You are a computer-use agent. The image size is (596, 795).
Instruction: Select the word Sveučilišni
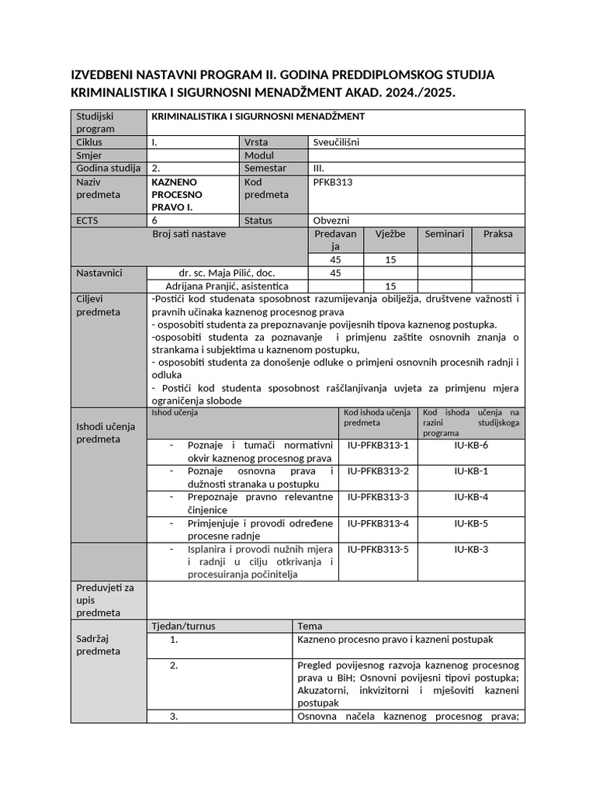(336, 142)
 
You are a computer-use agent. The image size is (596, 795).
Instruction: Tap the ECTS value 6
(155, 220)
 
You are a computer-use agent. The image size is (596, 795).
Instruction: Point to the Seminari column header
(444, 234)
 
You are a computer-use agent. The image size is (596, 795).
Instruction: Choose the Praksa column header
(497, 234)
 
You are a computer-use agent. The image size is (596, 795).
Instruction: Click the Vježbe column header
(390, 234)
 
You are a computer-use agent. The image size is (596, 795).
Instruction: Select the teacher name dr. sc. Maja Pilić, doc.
(227, 273)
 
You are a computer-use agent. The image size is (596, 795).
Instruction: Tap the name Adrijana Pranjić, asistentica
(227, 286)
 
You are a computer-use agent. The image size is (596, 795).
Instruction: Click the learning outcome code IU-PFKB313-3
(377, 497)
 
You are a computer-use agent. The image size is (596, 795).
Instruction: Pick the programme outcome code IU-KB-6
(470, 446)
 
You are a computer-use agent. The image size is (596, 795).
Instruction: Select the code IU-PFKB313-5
(377, 549)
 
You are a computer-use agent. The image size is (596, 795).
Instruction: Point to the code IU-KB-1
(470, 471)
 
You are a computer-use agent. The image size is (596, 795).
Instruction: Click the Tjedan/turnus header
(182, 626)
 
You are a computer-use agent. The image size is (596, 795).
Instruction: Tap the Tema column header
(310, 626)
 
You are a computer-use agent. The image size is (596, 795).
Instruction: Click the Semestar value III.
(318, 168)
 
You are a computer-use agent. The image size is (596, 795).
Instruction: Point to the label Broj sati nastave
(189, 234)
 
